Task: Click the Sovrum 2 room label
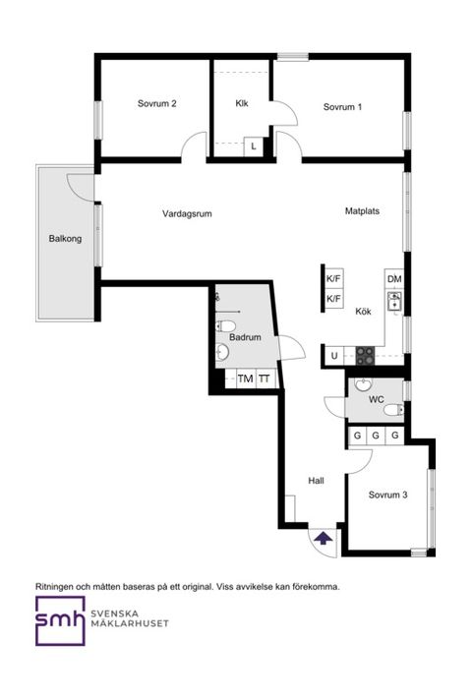tap(157, 104)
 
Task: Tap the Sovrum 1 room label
tap(342, 107)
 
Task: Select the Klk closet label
tap(242, 103)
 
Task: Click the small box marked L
tap(253, 146)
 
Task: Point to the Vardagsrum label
tap(187, 214)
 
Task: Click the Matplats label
tap(362, 210)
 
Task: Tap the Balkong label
tap(65, 239)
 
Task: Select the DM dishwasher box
tap(394, 279)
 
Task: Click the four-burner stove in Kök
tap(365, 356)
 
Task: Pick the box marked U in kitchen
tap(334, 356)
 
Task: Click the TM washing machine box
tap(245, 379)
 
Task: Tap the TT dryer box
tap(265, 379)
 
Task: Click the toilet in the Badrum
tap(224, 325)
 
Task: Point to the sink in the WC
tap(363, 384)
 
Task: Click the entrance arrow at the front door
tap(323, 538)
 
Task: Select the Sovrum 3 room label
tap(387, 495)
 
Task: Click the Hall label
tap(316, 481)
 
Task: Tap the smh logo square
tap(60, 621)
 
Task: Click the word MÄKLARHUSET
tap(130, 623)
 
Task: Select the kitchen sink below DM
tap(394, 301)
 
